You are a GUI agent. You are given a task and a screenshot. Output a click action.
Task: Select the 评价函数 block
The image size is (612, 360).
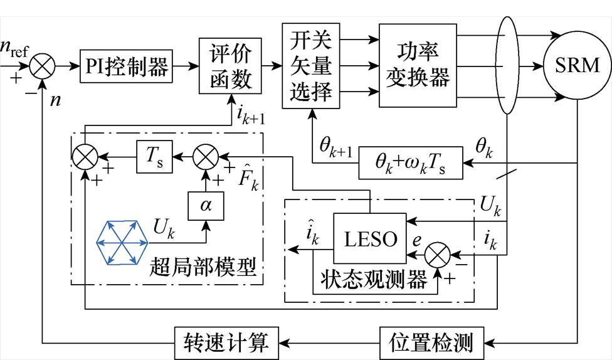229,65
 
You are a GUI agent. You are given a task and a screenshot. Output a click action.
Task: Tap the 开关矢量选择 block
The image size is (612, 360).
311,65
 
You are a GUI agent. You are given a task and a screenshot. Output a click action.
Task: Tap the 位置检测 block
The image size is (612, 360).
435,342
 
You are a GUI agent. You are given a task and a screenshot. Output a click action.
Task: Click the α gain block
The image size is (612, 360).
204,204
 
